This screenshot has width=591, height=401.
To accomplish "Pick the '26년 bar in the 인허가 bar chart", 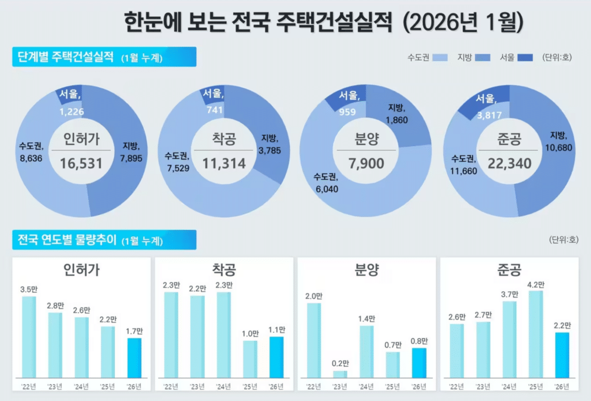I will (134, 358).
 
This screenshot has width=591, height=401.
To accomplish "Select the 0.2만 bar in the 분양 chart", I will (341, 374).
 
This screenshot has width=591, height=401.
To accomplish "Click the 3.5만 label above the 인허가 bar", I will (28, 289).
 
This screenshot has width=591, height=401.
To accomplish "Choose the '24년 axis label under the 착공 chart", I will (223, 387).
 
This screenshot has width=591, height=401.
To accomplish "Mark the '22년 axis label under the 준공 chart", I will (457, 387).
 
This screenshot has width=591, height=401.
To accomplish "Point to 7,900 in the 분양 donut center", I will (366, 164).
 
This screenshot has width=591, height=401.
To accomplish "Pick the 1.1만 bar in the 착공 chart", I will (276, 357).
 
